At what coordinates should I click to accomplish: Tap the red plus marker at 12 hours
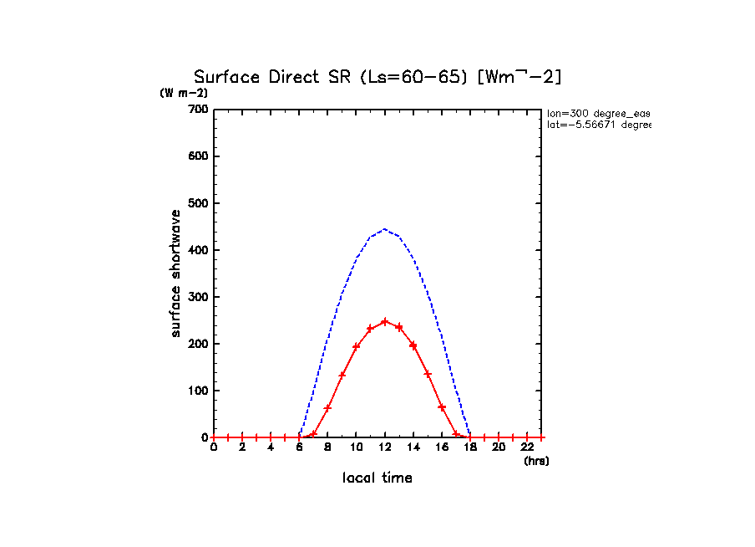click(384, 321)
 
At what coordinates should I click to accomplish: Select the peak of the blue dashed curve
click(384, 229)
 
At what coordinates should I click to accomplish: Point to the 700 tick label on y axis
click(198, 110)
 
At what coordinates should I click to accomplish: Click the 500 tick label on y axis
click(198, 203)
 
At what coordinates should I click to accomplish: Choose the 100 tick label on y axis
click(198, 391)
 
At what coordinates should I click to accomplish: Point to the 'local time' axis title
click(377, 478)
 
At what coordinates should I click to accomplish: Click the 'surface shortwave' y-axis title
click(176, 273)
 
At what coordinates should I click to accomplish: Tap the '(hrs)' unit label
click(536, 461)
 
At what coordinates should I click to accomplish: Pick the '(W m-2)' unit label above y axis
click(184, 93)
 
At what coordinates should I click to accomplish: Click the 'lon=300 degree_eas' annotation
click(598, 112)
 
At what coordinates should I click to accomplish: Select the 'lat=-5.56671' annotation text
click(598, 125)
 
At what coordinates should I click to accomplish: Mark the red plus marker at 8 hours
click(327, 407)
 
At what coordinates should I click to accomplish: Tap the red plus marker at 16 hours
click(441, 407)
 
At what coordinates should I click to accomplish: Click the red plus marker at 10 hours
click(356, 346)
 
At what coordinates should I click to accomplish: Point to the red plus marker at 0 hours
click(214, 437)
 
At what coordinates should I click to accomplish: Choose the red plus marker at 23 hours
click(540, 437)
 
